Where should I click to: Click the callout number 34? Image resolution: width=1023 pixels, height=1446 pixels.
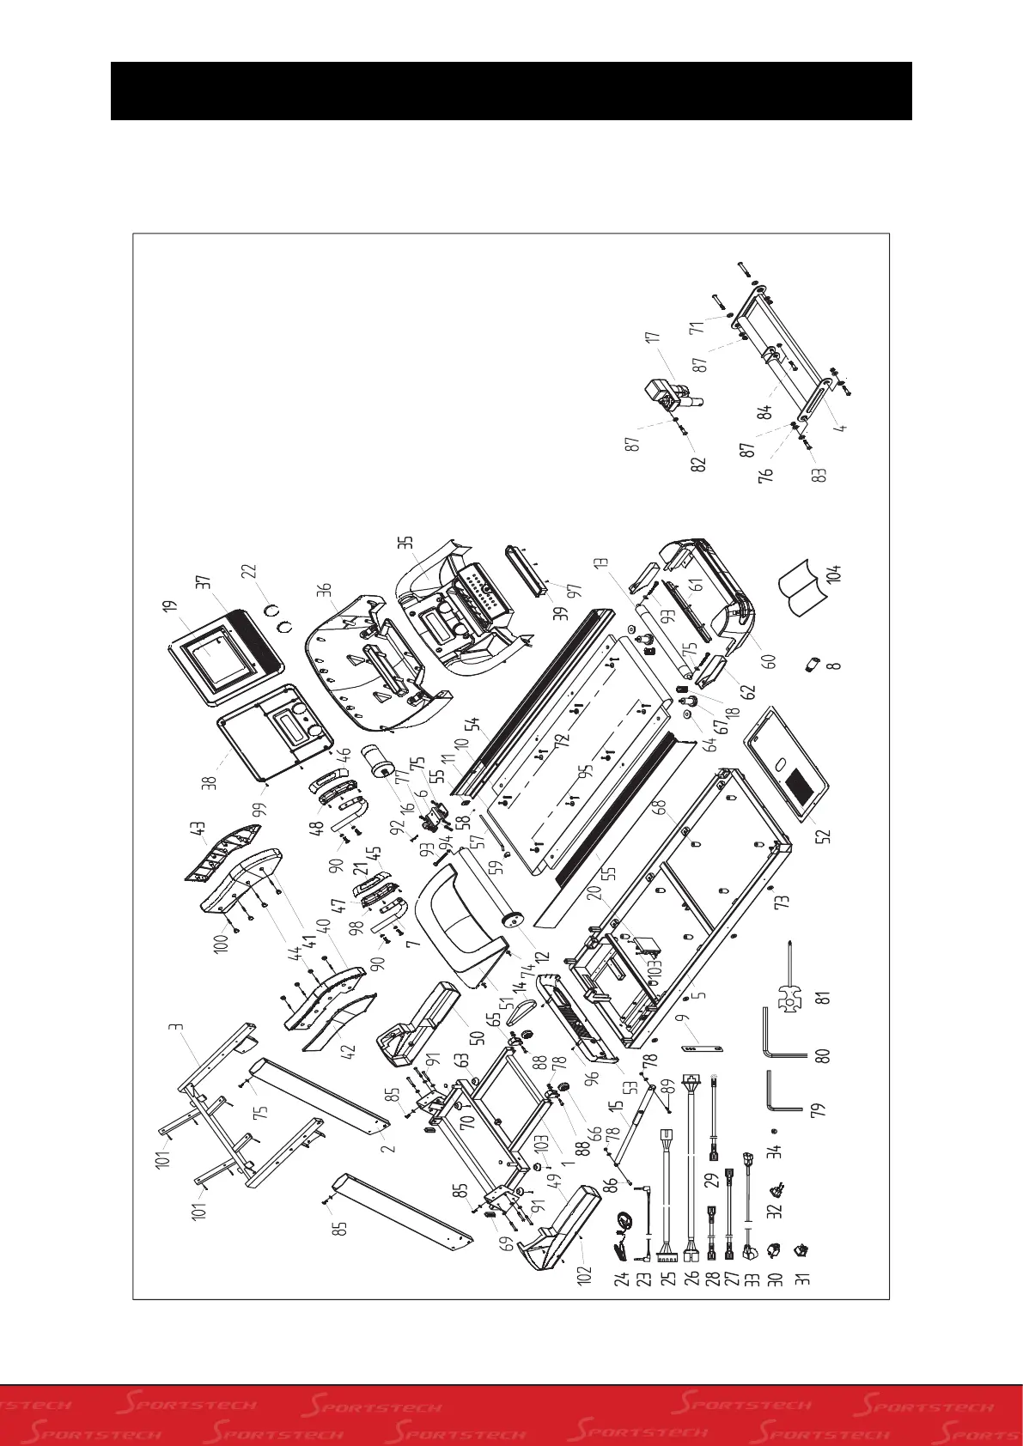pyautogui.click(x=776, y=1150)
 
